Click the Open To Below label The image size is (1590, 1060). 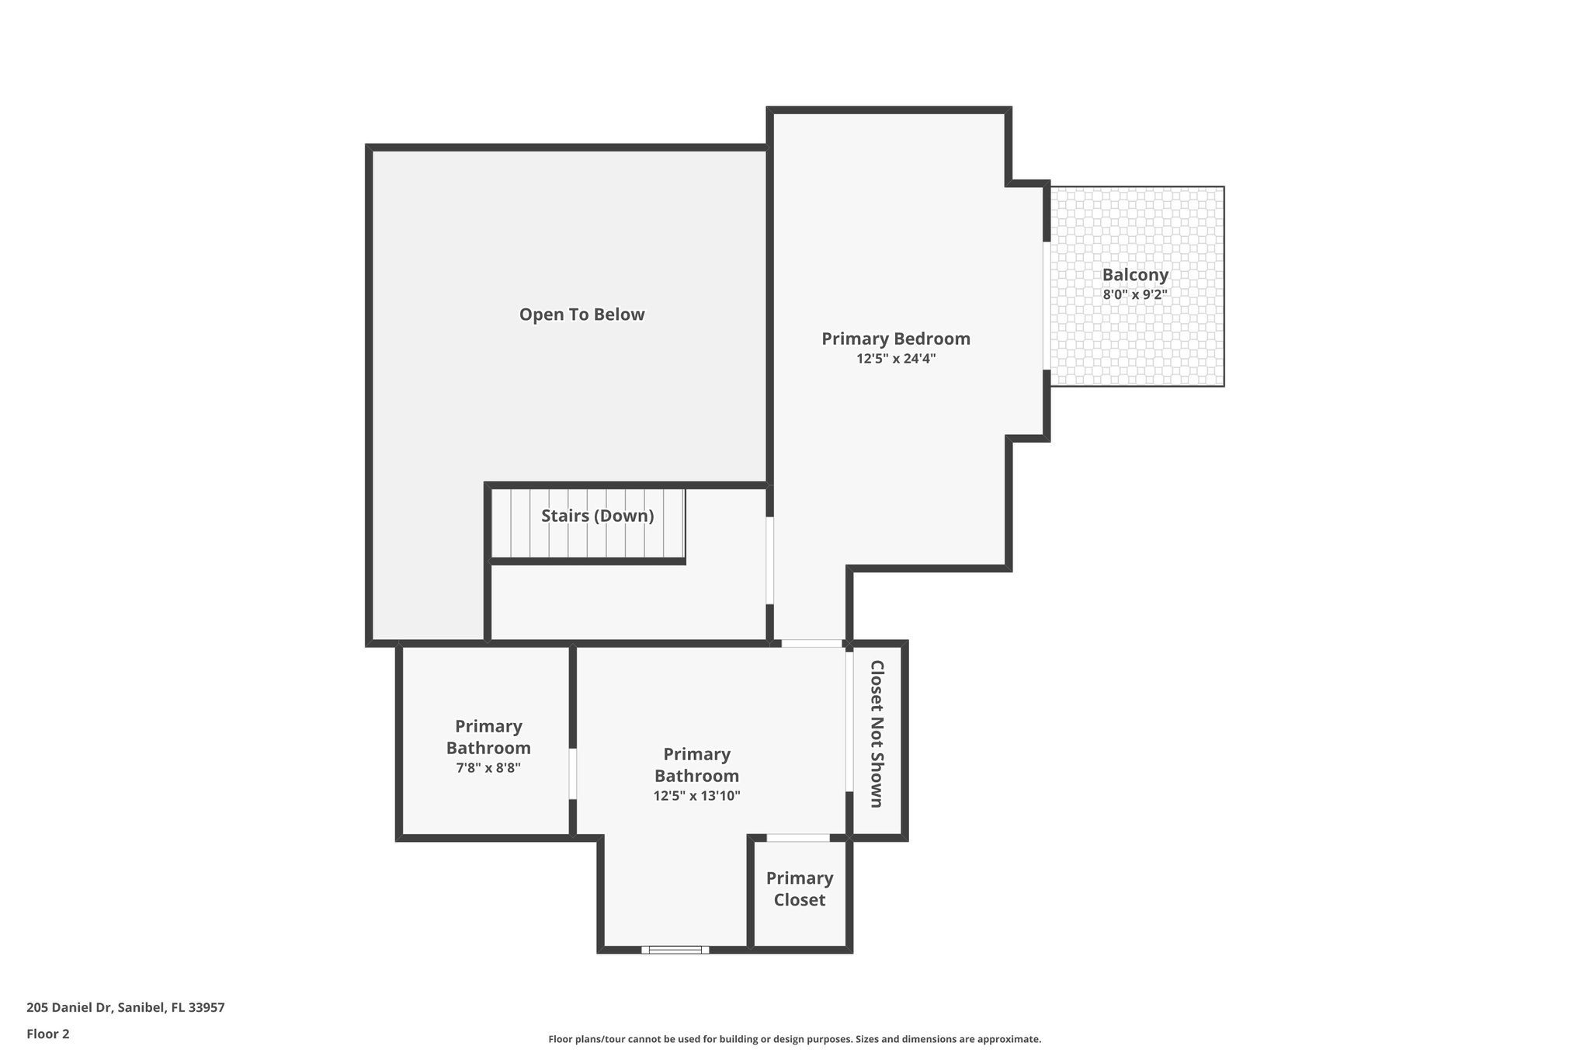point(581,315)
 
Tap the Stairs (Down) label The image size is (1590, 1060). point(597,516)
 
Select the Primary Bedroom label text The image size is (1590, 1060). point(896,339)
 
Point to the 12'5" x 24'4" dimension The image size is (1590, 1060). point(896,359)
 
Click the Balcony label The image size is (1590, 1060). point(1135,274)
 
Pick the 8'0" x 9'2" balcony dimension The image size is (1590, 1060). point(1135,294)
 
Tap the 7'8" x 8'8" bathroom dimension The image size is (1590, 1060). point(488,768)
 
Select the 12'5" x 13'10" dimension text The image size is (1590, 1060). point(696,796)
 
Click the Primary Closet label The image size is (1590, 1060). point(800,888)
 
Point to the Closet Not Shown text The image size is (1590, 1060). point(877,734)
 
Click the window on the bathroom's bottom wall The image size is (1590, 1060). point(675,949)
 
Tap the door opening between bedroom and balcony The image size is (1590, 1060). point(1047,306)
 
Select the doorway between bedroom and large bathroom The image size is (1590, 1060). point(811,643)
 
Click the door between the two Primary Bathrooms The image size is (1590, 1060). point(573,773)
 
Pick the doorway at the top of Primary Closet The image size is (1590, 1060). point(798,838)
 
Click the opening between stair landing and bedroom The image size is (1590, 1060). point(769,560)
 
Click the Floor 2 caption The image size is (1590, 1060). point(48,1034)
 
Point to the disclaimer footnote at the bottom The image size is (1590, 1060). point(794,1039)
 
